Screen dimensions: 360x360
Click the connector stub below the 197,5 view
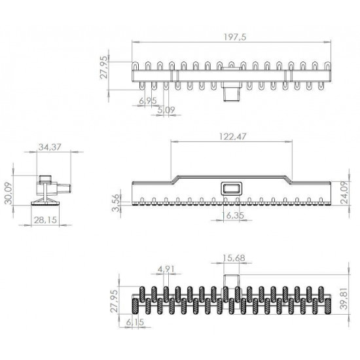[230, 93]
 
